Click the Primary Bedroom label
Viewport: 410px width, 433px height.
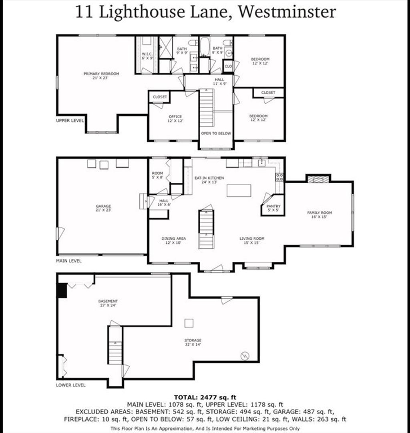click(x=101, y=76)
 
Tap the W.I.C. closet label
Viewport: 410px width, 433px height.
click(x=147, y=56)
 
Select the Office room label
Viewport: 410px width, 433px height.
click(x=175, y=118)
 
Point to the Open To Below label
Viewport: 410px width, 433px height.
click(x=216, y=134)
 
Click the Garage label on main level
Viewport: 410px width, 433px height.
click(x=103, y=208)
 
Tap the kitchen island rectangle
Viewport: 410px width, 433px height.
click(x=239, y=190)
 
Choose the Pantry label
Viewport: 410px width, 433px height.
click(x=273, y=208)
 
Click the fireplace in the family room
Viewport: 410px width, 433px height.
click(x=318, y=180)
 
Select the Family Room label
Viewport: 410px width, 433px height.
click(x=319, y=214)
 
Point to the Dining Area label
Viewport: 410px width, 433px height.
click(x=173, y=240)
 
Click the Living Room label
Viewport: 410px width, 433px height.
click(x=252, y=240)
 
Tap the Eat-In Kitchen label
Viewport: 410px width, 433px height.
click(x=209, y=180)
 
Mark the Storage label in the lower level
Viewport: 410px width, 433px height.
click(x=193, y=342)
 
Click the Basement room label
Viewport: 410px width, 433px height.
click(x=108, y=303)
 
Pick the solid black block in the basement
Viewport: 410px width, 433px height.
click(x=62, y=291)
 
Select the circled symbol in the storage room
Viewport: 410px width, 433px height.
click(x=245, y=356)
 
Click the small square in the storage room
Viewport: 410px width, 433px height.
click(x=189, y=323)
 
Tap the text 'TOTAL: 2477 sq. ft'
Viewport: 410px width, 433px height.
click(x=205, y=397)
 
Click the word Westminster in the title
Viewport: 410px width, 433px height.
click(x=287, y=12)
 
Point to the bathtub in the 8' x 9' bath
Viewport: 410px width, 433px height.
click(x=205, y=47)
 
